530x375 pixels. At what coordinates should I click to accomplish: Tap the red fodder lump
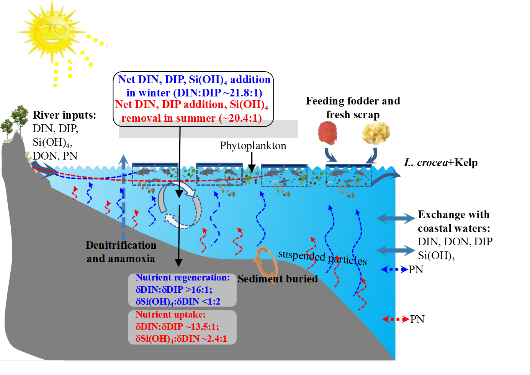click(x=328, y=132)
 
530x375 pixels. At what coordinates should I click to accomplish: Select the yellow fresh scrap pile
click(x=376, y=133)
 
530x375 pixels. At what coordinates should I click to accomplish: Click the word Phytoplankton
click(x=253, y=146)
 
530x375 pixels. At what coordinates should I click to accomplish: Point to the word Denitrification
click(x=121, y=245)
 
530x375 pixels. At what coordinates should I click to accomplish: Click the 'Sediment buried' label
click(x=278, y=279)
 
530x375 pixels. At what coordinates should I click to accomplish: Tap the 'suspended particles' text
click(x=322, y=257)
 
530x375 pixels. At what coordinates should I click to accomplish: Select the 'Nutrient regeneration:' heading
click(x=183, y=277)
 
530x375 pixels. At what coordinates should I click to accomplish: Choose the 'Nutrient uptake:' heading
click(x=170, y=315)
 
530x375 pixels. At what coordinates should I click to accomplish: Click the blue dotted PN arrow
click(x=395, y=270)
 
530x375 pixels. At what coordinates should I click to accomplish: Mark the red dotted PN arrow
click(x=396, y=319)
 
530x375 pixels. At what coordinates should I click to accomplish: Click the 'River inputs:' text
click(x=64, y=115)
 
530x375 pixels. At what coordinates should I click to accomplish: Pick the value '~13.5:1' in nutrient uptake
click(x=202, y=326)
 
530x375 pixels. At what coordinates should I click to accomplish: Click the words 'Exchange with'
click(x=454, y=214)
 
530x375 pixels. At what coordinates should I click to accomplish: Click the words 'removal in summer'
click(x=168, y=118)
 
